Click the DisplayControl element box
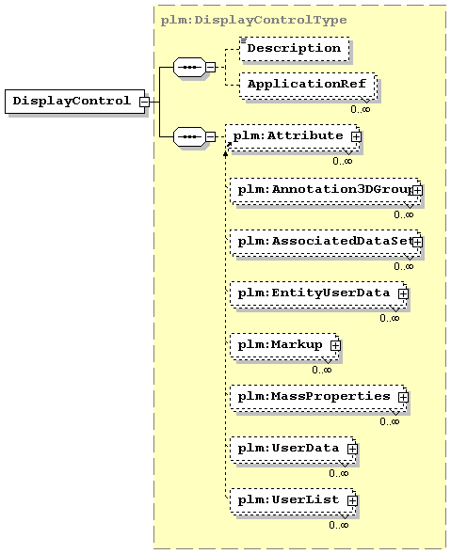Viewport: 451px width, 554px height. pyautogui.click(x=75, y=102)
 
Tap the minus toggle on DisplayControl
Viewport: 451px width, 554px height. pyautogui.click(x=144, y=102)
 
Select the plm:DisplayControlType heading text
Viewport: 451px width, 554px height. pyautogui.click(x=253, y=20)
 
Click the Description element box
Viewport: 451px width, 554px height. pyautogui.click(x=295, y=49)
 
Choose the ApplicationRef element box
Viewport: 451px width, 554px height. pyautogui.click(x=307, y=85)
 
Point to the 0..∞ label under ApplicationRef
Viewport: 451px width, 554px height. pyautogui.click(x=361, y=109)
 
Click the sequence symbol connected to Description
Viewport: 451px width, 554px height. pyautogui.click(x=189, y=67)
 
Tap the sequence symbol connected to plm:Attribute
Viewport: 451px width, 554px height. pyautogui.click(x=189, y=136)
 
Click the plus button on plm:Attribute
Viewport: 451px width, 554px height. pyautogui.click(x=356, y=136)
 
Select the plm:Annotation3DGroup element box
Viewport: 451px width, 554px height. pyautogui.click(x=325, y=190)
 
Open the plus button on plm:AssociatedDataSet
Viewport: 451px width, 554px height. pyautogui.click(x=417, y=242)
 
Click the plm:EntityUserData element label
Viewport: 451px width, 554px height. pyautogui.click(x=314, y=293)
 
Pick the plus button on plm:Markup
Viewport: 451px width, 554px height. pyautogui.click(x=335, y=345)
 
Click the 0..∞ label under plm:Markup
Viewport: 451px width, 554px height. pyautogui.click(x=322, y=370)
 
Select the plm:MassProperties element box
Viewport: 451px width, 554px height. pyautogui.click(x=317, y=397)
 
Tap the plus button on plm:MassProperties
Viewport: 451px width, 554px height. pyautogui.click(x=403, y=397)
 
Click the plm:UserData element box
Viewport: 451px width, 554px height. pyautogui.click(x=292, y=449)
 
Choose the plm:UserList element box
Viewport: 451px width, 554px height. pyautogui.click(x=292, y=500)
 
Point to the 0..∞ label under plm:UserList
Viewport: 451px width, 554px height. pyautogui.click(x=339, y=525)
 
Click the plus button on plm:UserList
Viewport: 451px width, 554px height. pyautogui.click(x=352, y=500)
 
